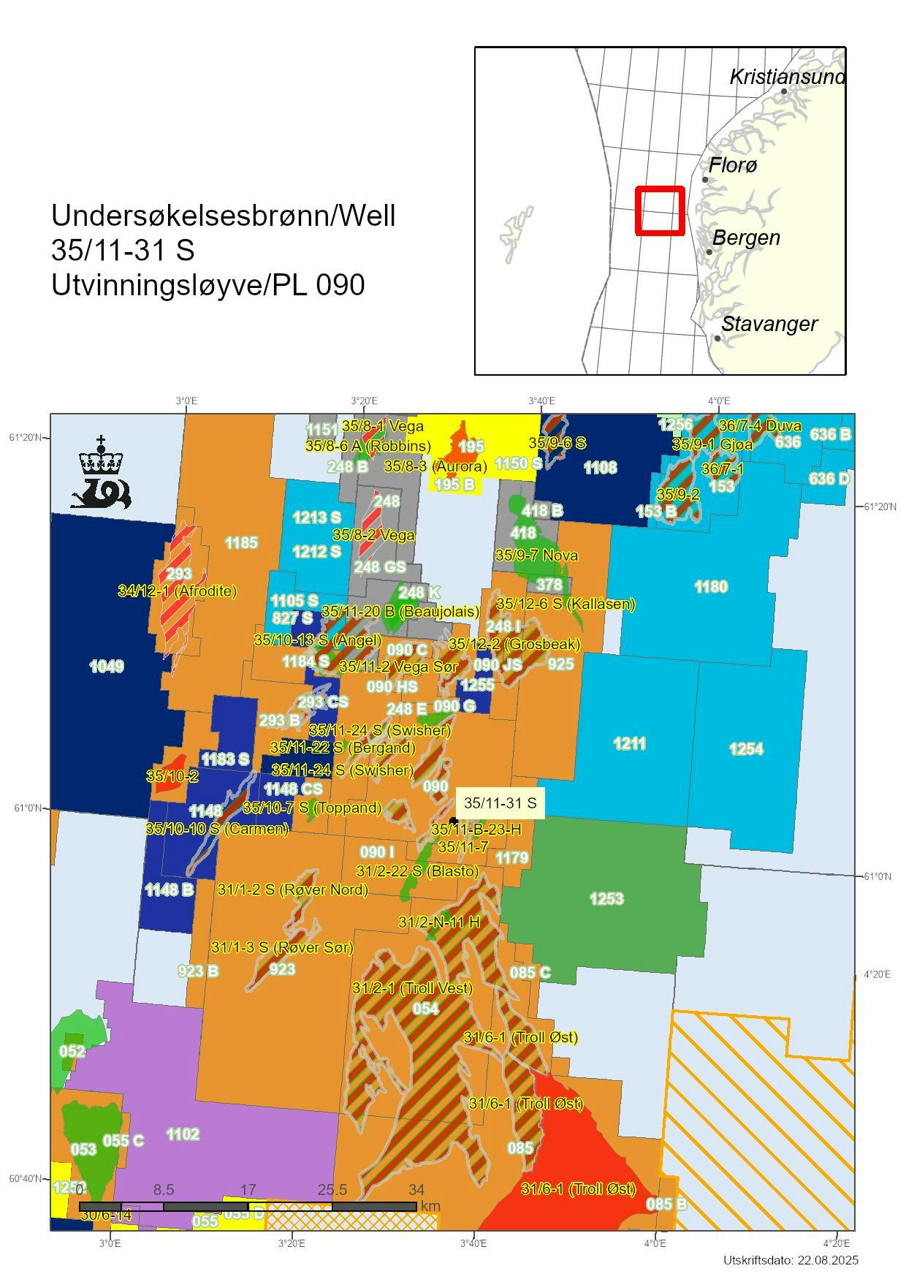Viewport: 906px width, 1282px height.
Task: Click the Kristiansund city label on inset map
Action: coord(786,77)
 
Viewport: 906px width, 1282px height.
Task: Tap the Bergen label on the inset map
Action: coord(745,238)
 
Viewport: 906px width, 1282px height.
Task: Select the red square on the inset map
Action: coord(660,210)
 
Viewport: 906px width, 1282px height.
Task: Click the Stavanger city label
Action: coord(769,324)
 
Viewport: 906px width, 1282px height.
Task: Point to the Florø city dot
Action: coord(705,179)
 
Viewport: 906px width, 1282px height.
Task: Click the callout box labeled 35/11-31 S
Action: coord(500,803)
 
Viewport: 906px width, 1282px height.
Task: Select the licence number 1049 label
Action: coord(106,666)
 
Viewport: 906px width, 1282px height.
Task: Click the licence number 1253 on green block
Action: coord(606,898)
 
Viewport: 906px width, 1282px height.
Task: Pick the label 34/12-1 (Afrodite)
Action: coord(177,591)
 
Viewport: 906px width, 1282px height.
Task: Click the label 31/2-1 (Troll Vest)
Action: coord(412,988)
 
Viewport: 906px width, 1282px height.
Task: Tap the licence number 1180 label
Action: coord(710,587)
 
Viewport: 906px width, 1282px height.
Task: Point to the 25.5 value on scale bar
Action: coord(332,1190)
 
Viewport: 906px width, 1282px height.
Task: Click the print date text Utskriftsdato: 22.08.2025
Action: coord(791,1260)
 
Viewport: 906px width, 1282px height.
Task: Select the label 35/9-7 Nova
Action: coord(536,555)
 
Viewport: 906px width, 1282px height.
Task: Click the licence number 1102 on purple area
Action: coord(183,1134)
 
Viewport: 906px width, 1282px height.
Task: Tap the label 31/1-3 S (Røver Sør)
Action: coord(282,947)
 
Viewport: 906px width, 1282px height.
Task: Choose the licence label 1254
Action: coord(746,748)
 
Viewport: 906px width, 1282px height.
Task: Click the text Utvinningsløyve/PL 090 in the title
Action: coord(208,285)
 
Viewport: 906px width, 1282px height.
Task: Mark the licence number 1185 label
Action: coord(241,542)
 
